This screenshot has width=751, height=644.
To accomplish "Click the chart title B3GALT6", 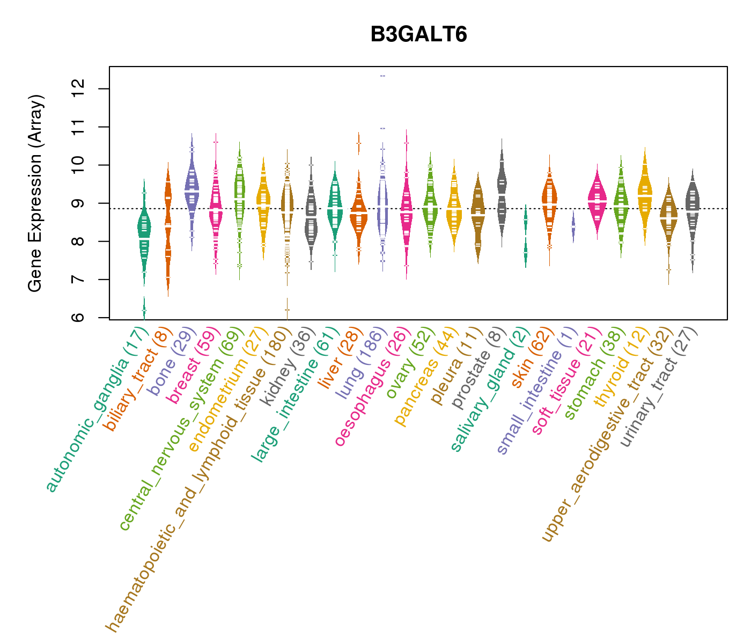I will (418, 35).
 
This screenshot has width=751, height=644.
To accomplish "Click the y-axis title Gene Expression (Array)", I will (35, 193).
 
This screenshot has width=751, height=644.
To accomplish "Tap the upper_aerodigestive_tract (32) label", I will (606, 435).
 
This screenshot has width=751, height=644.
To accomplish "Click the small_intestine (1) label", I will (536, 392).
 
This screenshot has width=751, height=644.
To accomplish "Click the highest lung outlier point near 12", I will (383, 76).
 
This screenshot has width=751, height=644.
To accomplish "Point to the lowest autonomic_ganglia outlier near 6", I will (144, 310).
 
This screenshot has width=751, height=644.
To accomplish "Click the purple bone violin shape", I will (192, 188).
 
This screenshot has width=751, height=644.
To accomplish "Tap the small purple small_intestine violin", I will (573, 228).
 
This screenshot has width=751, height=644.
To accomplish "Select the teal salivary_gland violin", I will (526, 236).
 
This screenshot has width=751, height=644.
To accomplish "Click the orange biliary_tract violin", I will (168, 231).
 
